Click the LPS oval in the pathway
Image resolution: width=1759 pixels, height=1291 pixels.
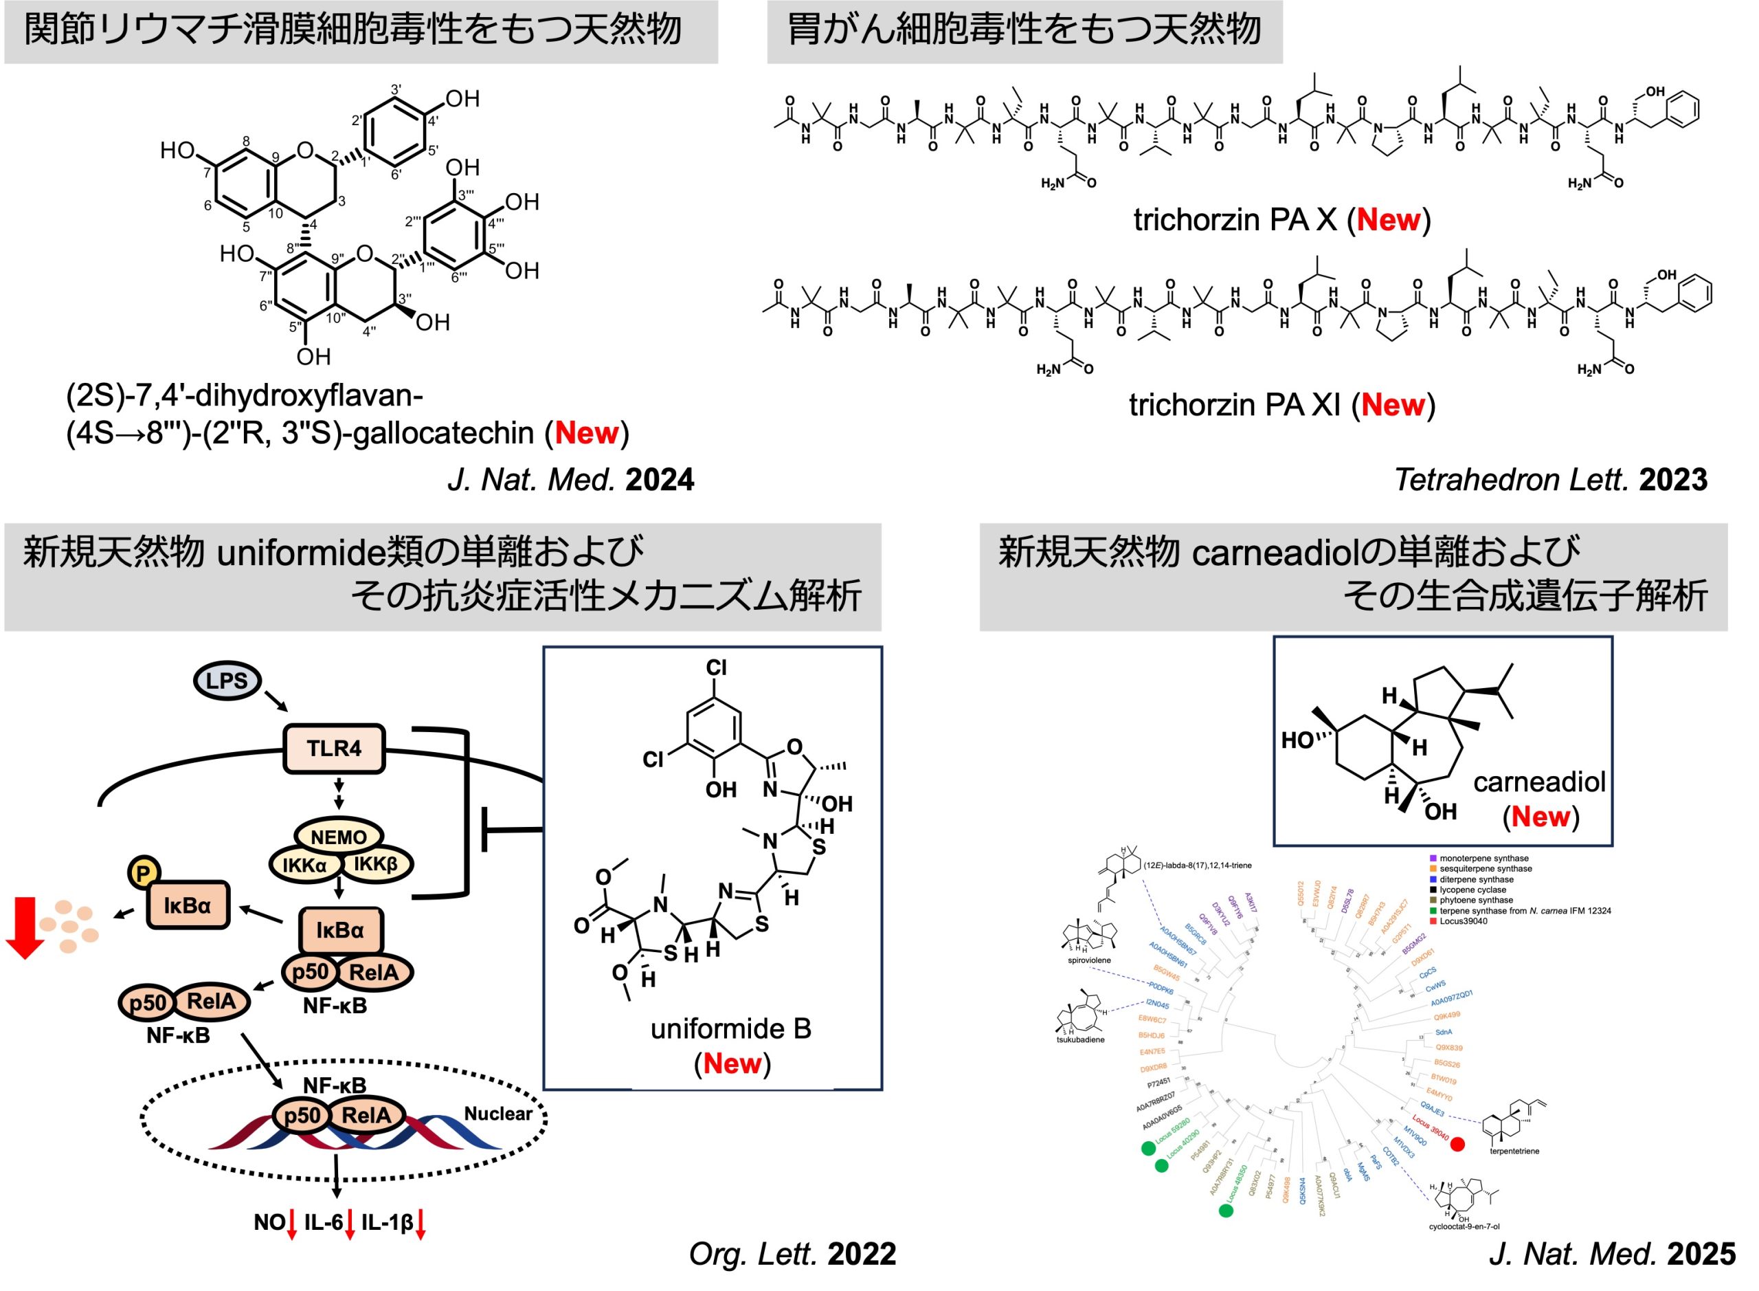(227, 681)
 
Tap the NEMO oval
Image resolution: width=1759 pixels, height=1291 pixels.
(338, 837)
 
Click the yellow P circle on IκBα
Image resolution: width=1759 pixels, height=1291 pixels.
(143, 873)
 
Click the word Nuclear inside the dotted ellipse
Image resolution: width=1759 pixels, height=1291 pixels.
(497, 1114)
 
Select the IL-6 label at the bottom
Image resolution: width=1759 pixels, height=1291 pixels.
(324, 1222)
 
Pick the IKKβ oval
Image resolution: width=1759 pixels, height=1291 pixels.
(376, 864)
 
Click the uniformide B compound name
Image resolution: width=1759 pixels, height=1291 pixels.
(730, 1028)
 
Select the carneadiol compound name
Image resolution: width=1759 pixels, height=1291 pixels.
(1538, 782)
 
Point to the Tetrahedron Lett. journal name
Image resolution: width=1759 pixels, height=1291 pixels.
(1512, 480)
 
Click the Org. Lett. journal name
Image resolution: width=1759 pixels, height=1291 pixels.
(753, 1255)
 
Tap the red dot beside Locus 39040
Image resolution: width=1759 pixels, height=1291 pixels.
(1457, 1144)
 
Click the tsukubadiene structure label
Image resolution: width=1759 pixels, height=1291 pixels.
(1080, 1039)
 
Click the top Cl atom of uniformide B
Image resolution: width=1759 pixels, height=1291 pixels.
(716, 667)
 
